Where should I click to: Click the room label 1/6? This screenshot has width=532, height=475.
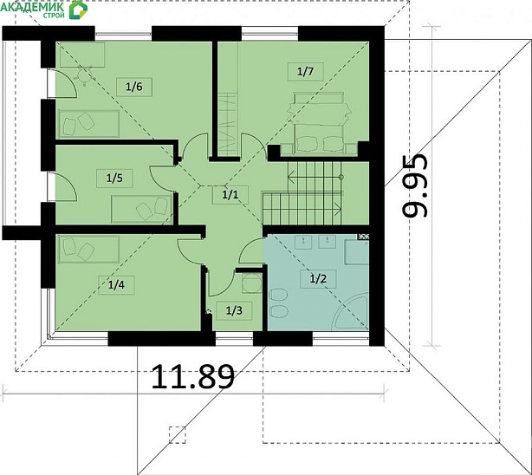pos(134,87)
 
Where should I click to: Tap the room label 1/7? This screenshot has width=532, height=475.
pos(305,72)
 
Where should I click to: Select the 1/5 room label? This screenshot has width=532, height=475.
pos(114,178)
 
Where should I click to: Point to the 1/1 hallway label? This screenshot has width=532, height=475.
pos(230,194)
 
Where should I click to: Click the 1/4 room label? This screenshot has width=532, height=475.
pos(116,285)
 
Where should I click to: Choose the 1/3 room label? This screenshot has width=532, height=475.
pos(234,310)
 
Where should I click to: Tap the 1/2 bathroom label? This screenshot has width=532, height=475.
pos(318,279)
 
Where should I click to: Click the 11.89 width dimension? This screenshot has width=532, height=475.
pos(192,376)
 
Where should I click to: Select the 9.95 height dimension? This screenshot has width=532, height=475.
pos(415,185)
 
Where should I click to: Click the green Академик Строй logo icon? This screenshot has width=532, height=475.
pos(78,10)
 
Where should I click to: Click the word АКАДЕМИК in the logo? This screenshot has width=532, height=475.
pos(33,6)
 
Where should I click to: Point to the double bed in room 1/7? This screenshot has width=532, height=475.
pos(318,123)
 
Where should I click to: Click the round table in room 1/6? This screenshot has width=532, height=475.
pos(84,77)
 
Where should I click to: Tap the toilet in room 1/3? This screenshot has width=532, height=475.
pos(251,283)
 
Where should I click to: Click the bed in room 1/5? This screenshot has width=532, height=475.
pos(141,209)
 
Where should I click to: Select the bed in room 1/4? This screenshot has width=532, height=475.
pos(88,250)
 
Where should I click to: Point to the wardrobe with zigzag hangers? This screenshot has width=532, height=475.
pos(227,124)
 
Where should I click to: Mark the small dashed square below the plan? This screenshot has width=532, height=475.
pos(178,435)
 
